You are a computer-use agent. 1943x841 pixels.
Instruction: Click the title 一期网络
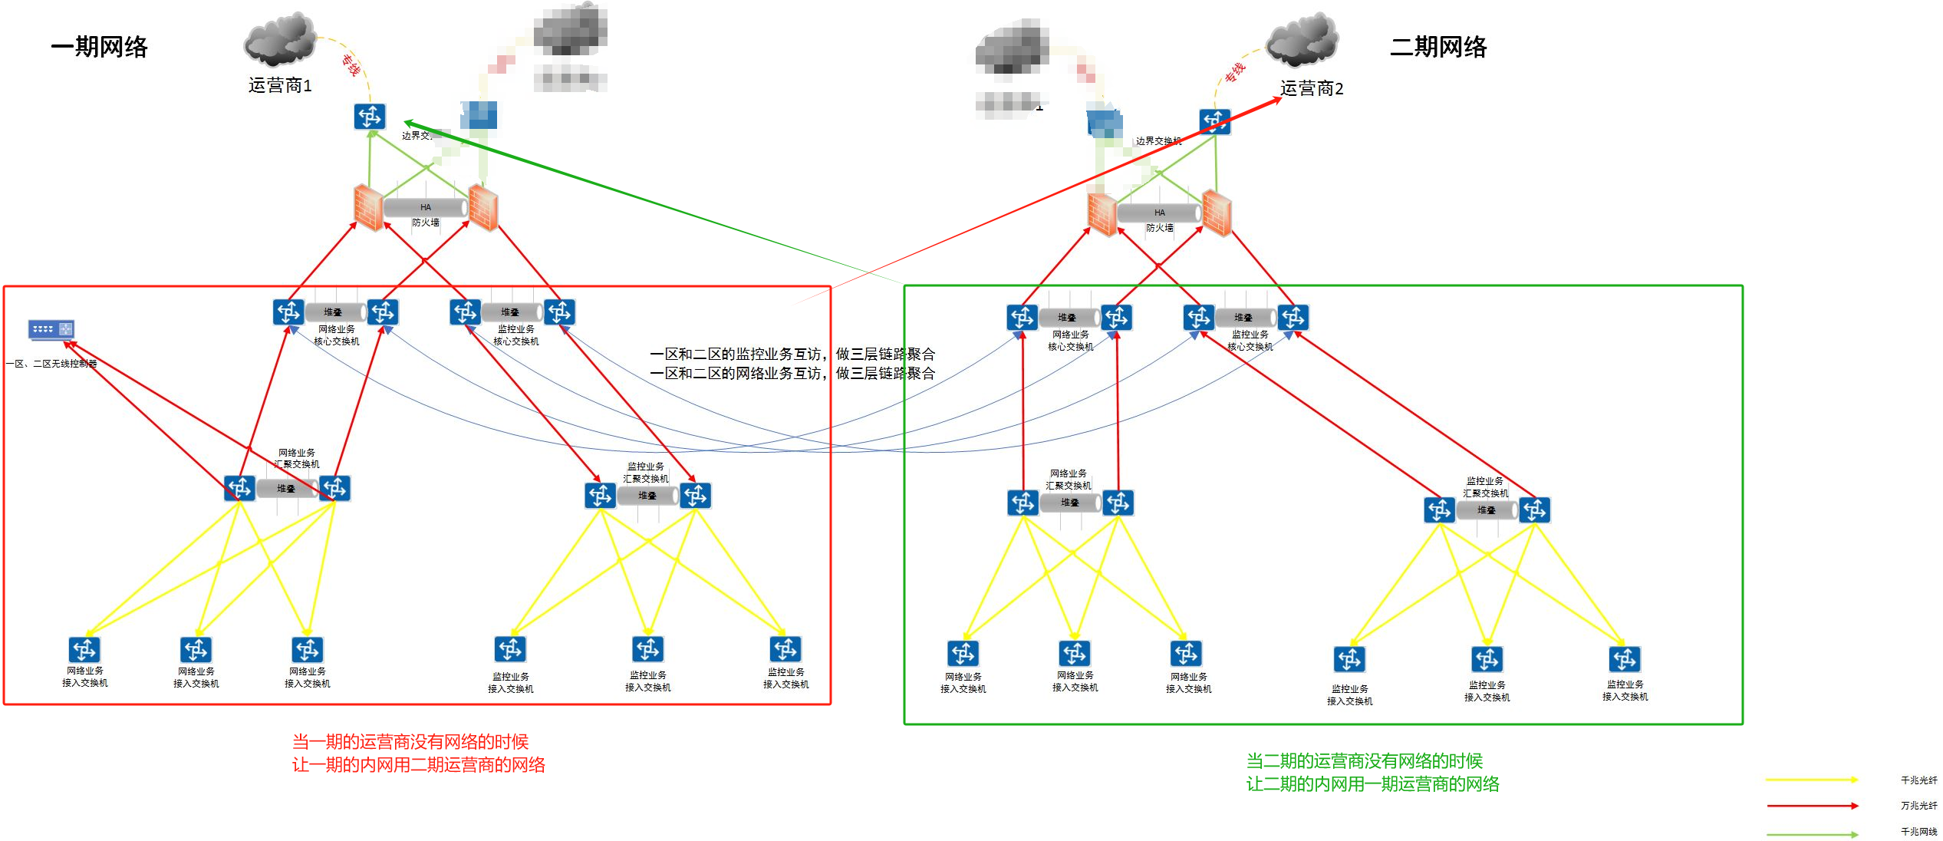(x=99, y=47)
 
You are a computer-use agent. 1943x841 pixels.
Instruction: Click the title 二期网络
(x=1438, y=47)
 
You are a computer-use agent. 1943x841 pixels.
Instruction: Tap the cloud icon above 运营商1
(x=280, y=38)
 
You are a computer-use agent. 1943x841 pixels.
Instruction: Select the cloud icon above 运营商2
(x=1302, y=40)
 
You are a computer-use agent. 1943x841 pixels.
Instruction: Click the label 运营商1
(x=280, y=85)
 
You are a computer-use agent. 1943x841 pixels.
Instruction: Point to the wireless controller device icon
(x=51, y=329)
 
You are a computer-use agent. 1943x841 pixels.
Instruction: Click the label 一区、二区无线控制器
(x=51, y=364)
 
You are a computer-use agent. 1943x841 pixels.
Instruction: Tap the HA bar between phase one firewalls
(x=426, y=207)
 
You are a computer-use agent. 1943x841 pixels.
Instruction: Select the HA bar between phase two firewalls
(x=1159, y=213)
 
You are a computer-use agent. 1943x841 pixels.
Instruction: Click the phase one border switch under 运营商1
(x=370, y=117)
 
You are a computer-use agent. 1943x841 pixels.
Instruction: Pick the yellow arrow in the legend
(x=1812, y=780)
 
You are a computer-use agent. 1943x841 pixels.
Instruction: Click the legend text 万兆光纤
(x=1918, y=806)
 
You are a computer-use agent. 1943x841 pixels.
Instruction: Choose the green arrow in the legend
(x=1812, y=834)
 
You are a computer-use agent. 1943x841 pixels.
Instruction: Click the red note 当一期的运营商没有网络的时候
(x=410, y=741)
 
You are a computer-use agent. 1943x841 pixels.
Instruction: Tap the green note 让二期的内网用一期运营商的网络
(x=1372, y=783)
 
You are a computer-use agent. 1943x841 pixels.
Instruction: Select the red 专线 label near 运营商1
(x=351, y=65)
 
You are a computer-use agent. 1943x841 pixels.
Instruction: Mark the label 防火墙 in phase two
(x=1159, y=228)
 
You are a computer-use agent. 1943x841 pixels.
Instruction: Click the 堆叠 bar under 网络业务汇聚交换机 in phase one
(x=286, y=489)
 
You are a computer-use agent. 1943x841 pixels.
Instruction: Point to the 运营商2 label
(x=1312, y=89)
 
